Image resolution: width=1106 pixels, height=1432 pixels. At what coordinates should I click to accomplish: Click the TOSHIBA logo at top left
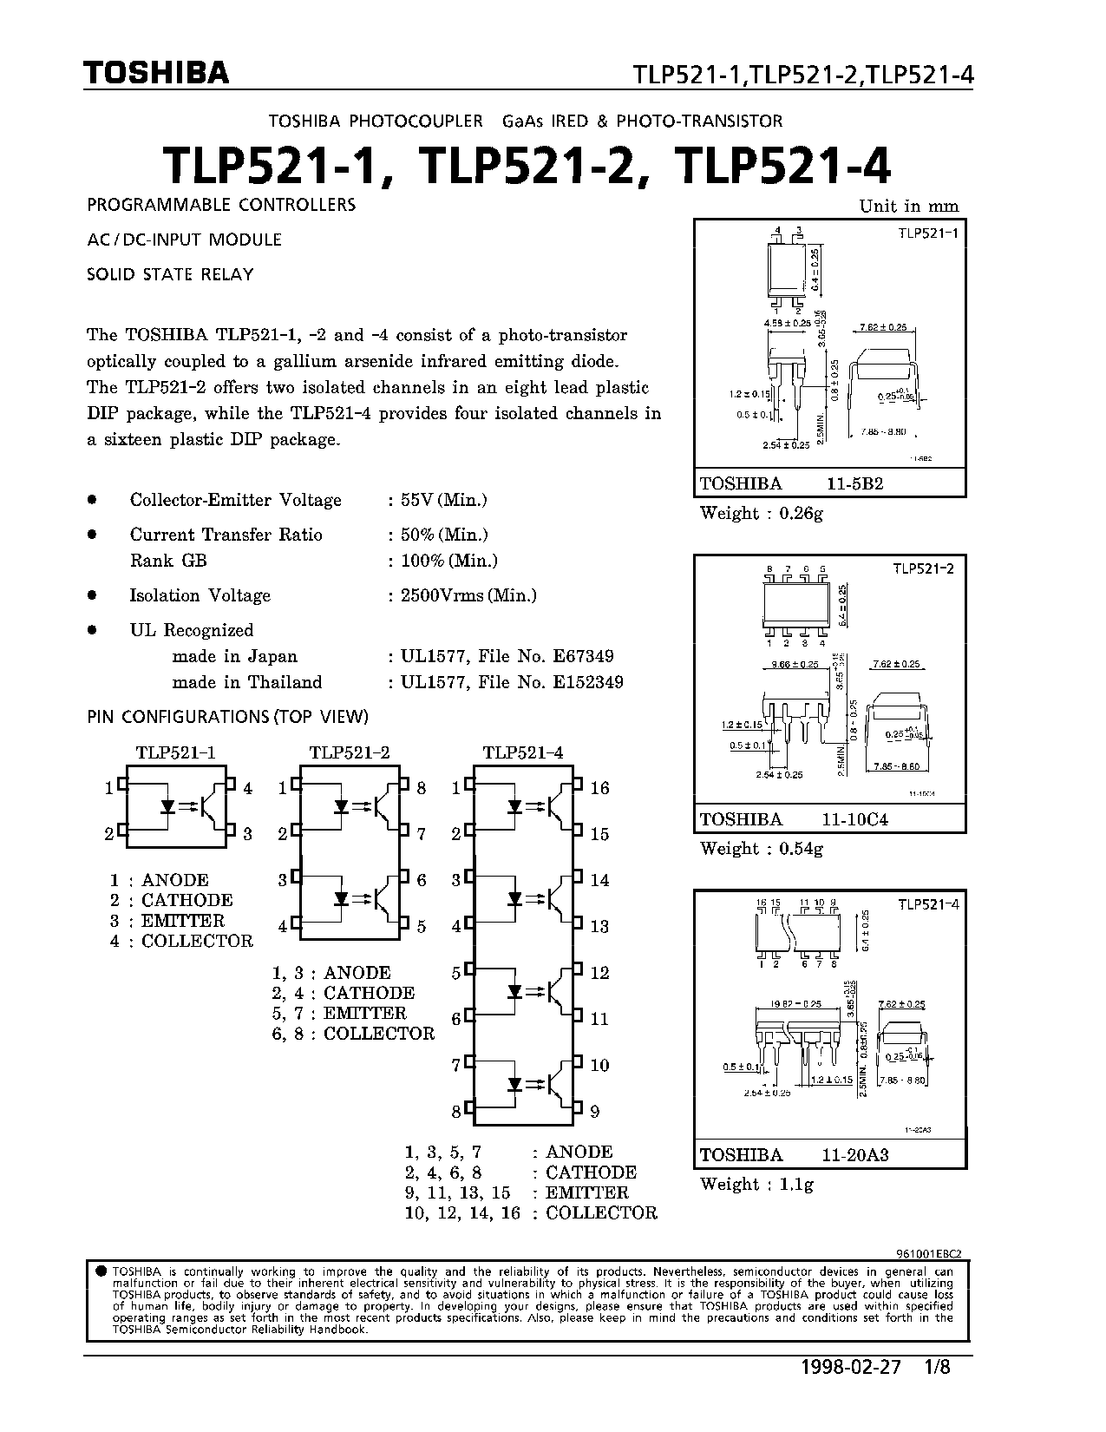[157, 74]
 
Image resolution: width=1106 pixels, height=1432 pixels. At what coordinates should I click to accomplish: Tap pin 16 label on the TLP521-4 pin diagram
[599, 788]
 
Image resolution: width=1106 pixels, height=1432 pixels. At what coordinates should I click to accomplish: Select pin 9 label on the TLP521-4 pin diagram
[594, 1111]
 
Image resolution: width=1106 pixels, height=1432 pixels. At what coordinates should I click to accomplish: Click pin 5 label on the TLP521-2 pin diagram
[422, 926]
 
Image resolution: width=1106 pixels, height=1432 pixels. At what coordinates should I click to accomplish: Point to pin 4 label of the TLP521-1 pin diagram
[247, 788]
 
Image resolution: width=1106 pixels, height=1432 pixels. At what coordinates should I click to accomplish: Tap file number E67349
[583, 656]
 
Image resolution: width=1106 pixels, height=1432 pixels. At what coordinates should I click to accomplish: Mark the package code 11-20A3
[855, 1155]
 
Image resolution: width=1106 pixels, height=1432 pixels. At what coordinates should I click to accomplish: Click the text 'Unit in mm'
[908, 206]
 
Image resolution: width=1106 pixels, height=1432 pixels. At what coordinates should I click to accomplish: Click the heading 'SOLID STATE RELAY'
[170, 274]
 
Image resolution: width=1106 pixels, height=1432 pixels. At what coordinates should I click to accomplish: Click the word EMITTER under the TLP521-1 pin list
[183, 921]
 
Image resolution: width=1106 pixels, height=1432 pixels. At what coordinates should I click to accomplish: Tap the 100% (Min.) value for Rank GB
[448, 561]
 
